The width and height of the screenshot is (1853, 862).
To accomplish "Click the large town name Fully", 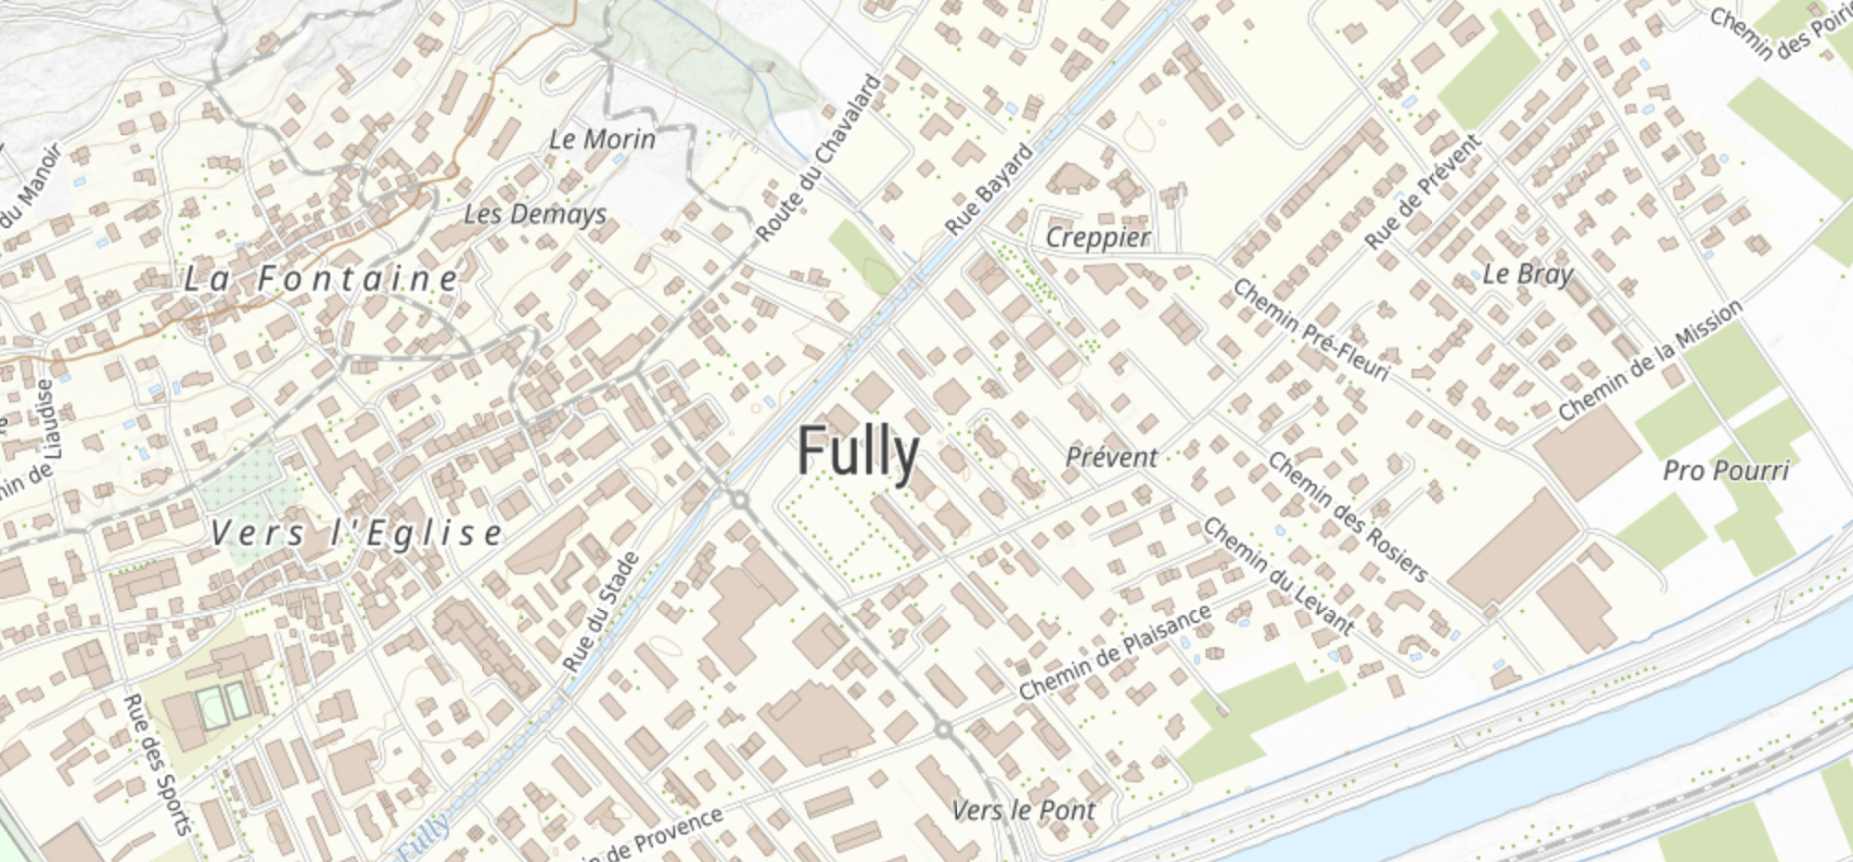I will tap(858, 451).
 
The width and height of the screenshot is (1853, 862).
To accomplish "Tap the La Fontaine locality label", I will tap(321, 278).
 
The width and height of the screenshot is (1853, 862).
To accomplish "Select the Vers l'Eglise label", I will tap(356, 533).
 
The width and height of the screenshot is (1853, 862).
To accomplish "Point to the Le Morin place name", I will tap(602, 140).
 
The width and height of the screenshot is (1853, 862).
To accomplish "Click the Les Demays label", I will tap(535, 214).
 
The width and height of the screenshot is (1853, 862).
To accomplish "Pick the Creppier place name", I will tap(1098, 237).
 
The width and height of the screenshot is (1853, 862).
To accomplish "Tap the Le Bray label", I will tap(1527, 273).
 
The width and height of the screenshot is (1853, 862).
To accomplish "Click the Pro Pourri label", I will tap(1725, 471).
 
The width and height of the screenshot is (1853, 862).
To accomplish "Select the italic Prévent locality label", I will tap(1111, 457).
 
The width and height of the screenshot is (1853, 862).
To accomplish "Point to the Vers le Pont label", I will tap(1023, 810).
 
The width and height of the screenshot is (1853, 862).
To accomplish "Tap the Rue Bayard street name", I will tap(989, 188).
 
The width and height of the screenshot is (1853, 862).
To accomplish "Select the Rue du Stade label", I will tap(601, 612).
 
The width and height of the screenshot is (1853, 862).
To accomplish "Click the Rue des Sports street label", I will tap(157, 764).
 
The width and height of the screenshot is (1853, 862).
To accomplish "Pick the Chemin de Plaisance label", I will tap(1115, 651).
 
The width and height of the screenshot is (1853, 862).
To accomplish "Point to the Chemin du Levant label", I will tap(1279, 575).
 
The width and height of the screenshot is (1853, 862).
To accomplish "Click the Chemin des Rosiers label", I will tap(1347, 515).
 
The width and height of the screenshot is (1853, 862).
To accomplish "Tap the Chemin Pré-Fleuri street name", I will tap(1310, 330).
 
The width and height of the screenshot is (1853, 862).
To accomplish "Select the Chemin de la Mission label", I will tap(1650, 360).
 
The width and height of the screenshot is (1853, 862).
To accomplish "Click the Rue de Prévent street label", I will tap(1423, 191).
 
